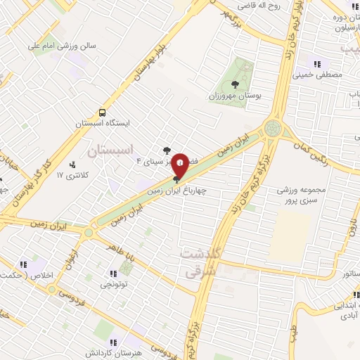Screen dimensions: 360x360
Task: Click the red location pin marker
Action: click(x=181, y=163)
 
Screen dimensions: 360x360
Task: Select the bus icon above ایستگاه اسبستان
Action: click(x=103, y=112)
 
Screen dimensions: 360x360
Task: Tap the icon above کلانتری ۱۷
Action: click(x=73, y=165)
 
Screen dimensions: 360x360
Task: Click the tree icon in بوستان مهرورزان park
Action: click(x=234, y=85)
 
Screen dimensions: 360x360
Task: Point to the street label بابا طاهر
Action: click(x=123, y=247)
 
